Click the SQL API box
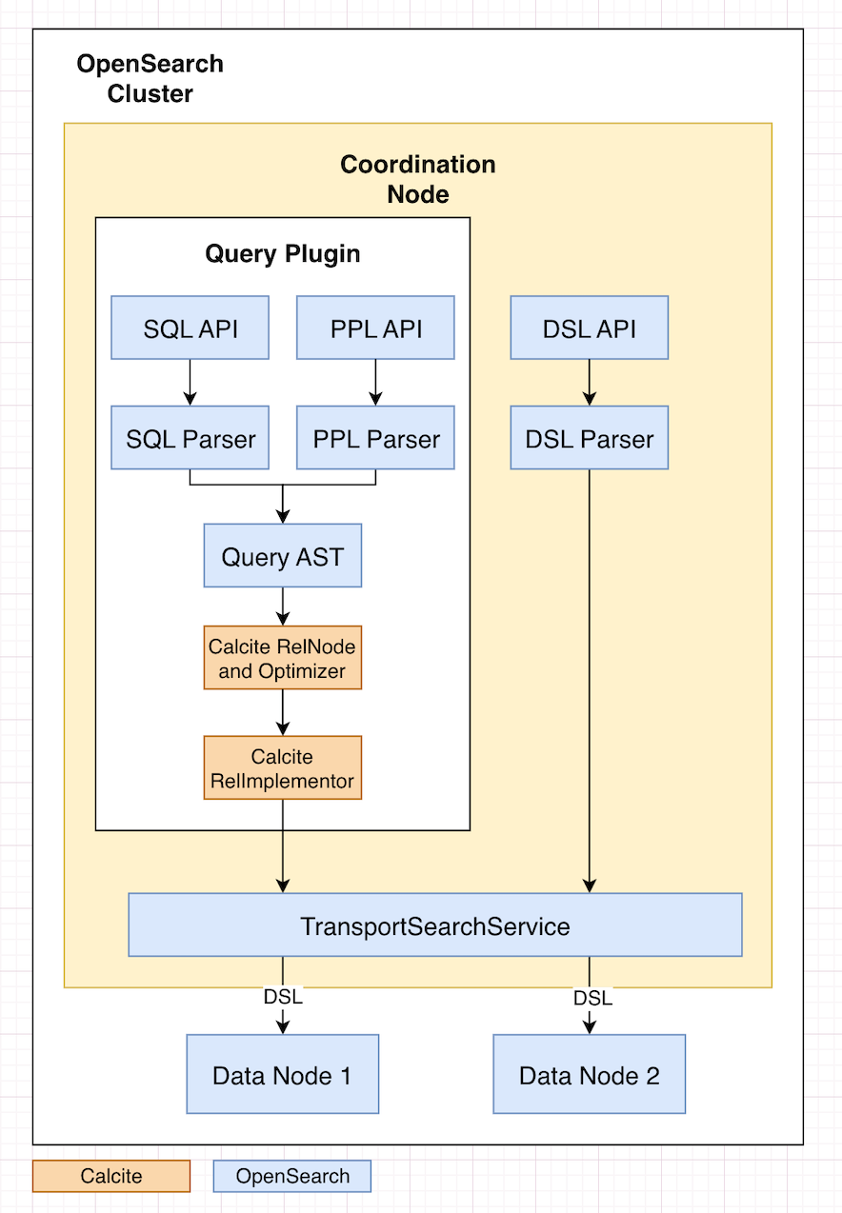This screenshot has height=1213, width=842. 190,328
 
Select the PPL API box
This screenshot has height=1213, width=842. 375,328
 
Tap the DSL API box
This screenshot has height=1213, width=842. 589,328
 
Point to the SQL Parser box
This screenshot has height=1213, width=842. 190,438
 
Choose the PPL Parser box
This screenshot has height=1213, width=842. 375,438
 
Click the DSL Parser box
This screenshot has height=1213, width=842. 589,438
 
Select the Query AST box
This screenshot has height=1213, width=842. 282,555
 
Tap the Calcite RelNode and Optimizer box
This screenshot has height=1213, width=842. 282,658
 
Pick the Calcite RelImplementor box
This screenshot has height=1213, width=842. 282,768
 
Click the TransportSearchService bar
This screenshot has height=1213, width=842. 435,925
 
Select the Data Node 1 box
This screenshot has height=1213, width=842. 282,1074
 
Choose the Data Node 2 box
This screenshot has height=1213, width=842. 589,1074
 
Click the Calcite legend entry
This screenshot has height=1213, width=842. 111,1176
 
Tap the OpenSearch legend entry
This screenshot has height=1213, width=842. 292,1176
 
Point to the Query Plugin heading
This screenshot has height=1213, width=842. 283,254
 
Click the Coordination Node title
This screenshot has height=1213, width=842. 418,179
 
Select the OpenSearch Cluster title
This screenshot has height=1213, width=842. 150,79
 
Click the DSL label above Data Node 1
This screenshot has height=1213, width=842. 282,997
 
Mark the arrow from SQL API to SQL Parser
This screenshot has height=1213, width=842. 190,382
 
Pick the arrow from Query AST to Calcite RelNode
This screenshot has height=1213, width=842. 282,606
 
